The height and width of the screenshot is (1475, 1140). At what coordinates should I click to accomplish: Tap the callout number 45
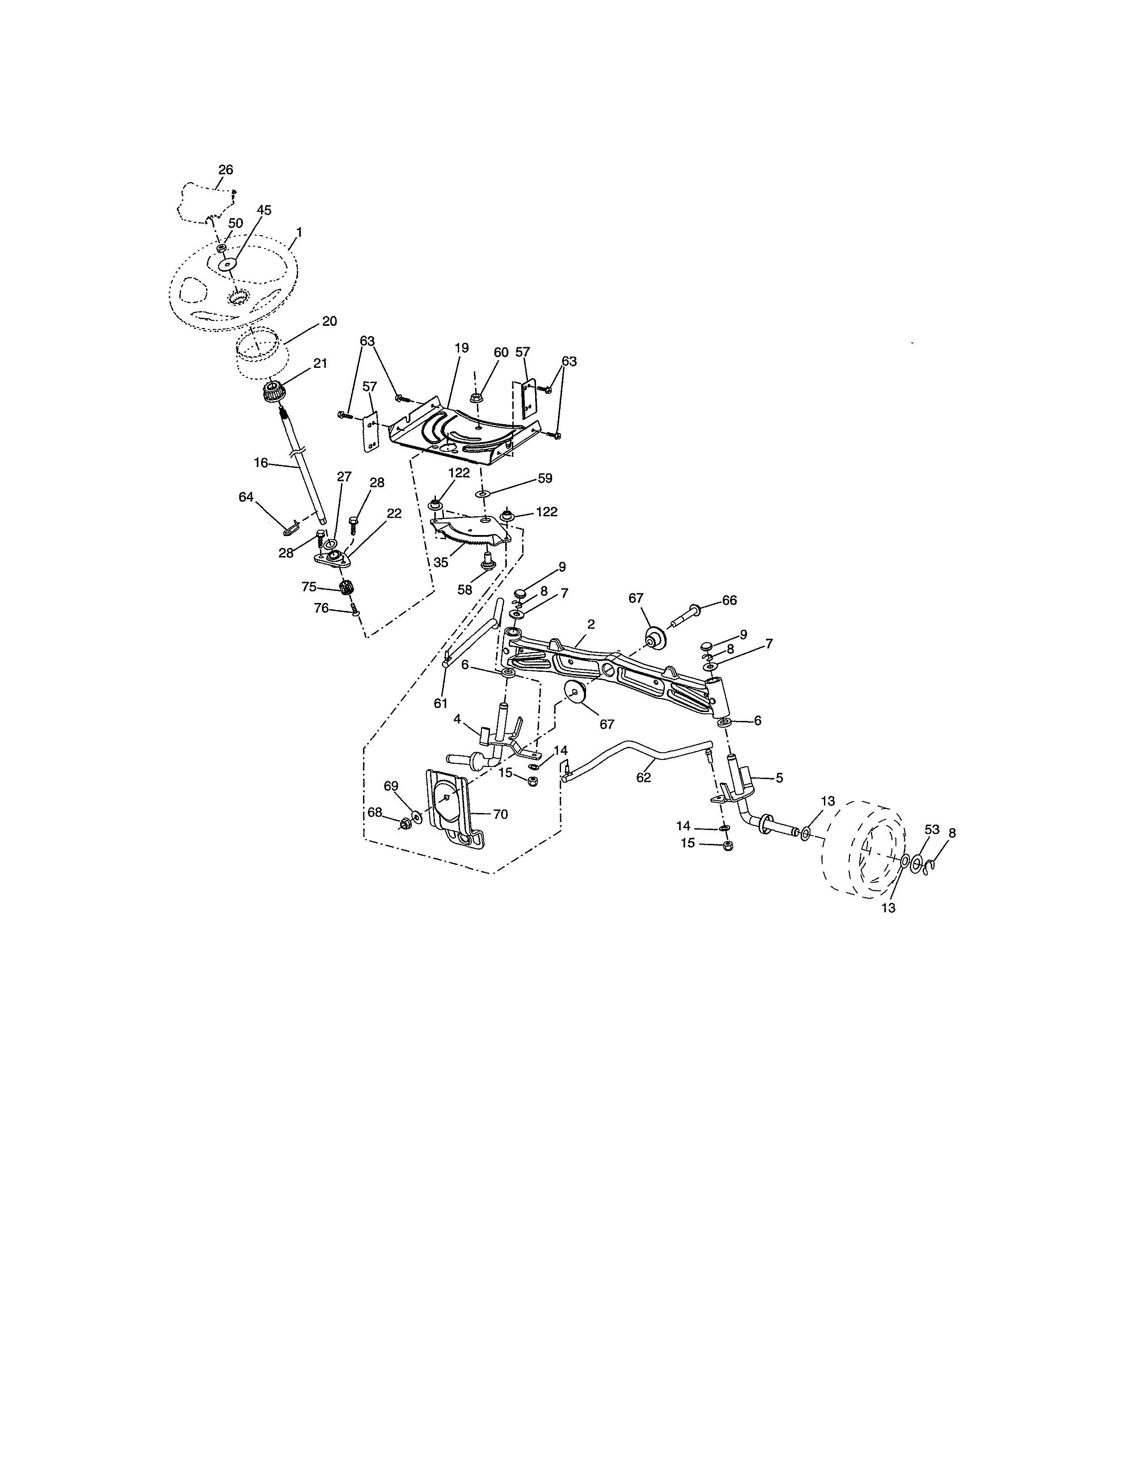(x=264, y=211)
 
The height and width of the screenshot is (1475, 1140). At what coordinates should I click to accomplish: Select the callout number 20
(x=329, y=321)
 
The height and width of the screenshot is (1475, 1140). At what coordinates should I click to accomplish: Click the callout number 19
(x=461, y=349)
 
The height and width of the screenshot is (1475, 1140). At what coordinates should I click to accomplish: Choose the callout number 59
(x=545, y=478)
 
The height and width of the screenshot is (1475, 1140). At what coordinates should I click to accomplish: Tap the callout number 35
(x=441, y=562)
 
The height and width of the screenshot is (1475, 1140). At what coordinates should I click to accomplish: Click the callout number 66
(x=730, y=600)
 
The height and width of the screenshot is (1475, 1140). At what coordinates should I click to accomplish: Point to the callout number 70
(x=500, y=814)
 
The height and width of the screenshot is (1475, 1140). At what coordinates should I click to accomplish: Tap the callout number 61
(x=440, y=703)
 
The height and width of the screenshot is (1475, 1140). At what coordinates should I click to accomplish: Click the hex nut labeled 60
(x=476, y=398)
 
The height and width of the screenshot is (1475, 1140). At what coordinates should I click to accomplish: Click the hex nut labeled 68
(x=406, y=823)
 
